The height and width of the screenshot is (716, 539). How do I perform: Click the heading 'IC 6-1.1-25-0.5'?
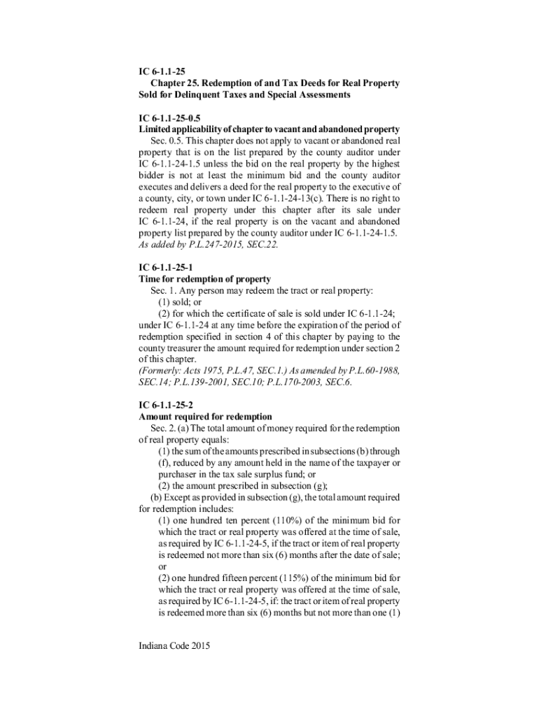coord(171,118)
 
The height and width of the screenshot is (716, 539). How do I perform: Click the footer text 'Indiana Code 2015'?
coord(174,645)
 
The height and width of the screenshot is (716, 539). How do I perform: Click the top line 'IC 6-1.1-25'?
coord(160,71)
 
